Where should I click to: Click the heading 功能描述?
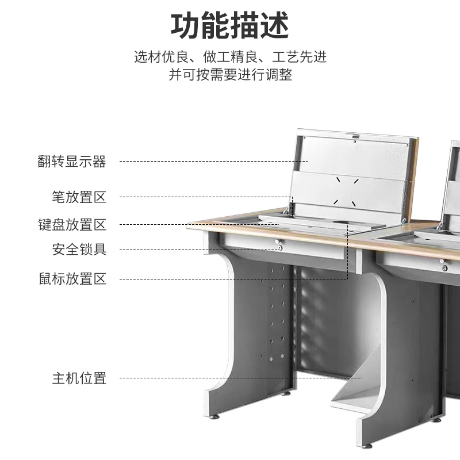click(230, 25)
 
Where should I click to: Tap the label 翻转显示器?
click(72, 162)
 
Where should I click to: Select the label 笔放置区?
click(79, 197)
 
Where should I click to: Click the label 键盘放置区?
click(72, 224)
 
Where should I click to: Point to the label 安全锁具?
click(79, 250)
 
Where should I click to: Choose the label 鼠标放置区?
click(72, 279)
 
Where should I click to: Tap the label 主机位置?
click(79, 378)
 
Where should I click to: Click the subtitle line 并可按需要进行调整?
click(230, 75)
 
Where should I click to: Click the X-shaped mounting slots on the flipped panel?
click(347, 189)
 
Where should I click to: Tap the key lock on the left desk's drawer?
click(281, 247)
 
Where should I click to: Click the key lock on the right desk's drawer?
click(445, 267)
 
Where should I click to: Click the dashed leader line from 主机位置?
click(241, 378)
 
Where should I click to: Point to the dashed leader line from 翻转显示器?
click(213, 162)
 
